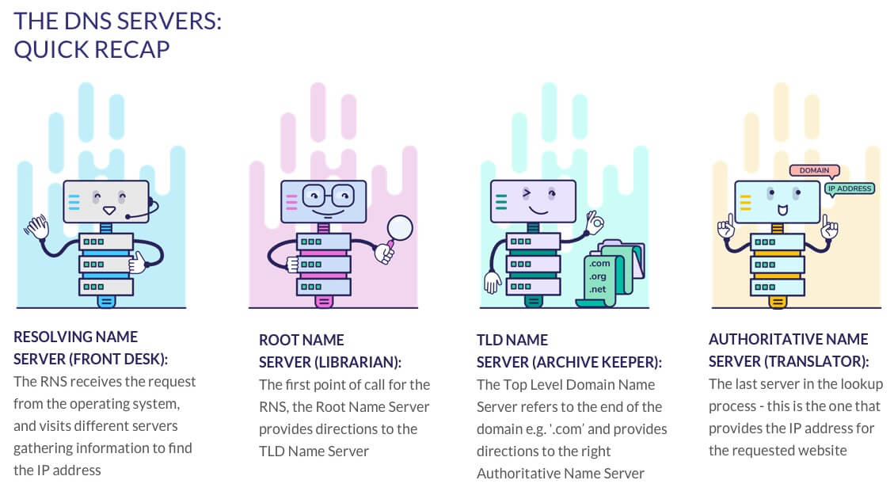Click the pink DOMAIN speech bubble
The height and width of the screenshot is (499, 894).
point(814,170)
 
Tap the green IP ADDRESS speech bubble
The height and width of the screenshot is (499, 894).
point(849,189)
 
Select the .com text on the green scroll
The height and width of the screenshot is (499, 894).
point(599,263)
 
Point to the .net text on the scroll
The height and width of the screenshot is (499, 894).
point(597,290)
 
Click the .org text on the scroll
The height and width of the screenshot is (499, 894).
point(599,276)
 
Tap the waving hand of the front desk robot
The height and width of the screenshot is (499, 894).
point(36,227)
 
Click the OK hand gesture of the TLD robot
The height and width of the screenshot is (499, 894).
point(594,223)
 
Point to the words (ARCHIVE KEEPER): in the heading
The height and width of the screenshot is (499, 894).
point(596,362)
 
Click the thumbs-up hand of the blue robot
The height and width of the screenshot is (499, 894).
point(138,262)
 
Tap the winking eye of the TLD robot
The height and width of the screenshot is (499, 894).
point(524,192)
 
